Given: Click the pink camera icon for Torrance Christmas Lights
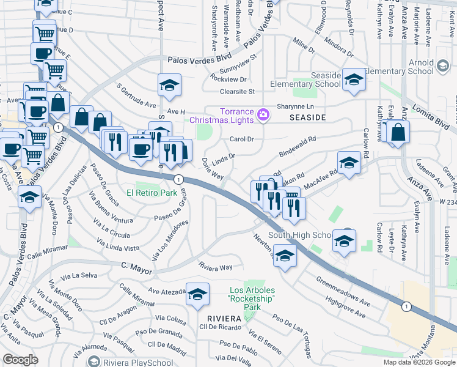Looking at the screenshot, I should point(264,114).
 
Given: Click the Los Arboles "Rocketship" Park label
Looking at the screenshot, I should point(252,294).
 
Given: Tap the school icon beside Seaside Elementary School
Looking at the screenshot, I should point(353,81).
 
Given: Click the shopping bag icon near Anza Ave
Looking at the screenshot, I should point(398,132).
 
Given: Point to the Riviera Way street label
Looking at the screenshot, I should point(216,267).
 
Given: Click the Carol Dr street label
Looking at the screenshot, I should point(241,139).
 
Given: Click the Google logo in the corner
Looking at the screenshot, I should point(21,360).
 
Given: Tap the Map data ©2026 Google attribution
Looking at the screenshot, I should point(419,362).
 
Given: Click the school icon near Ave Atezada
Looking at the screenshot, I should point(197,295).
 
